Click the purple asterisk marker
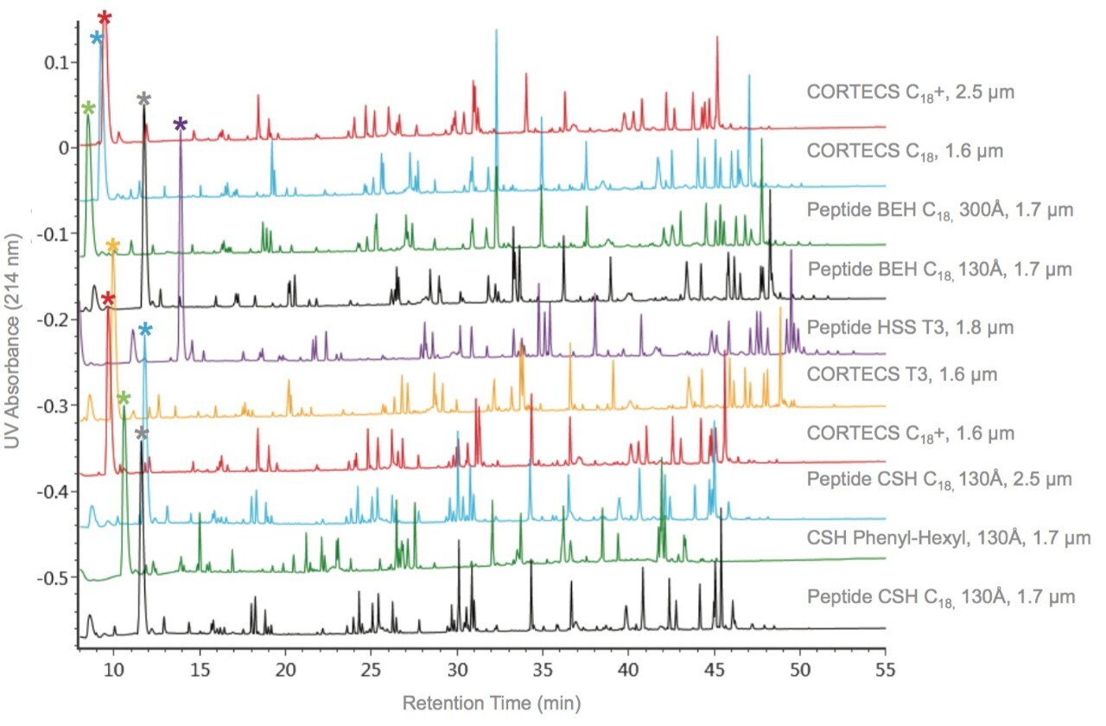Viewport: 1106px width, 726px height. tap(180, 124)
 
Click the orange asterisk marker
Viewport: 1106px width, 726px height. tap(112, 246)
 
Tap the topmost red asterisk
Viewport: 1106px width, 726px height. tap(105, 18)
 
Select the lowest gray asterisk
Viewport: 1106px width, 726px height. tap(142, 433)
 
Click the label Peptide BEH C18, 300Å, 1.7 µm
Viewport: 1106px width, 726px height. tap(940, 209)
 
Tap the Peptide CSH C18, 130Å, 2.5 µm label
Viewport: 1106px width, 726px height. tap(939, 479)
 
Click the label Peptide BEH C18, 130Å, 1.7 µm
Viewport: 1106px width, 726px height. tap(941, 269)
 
